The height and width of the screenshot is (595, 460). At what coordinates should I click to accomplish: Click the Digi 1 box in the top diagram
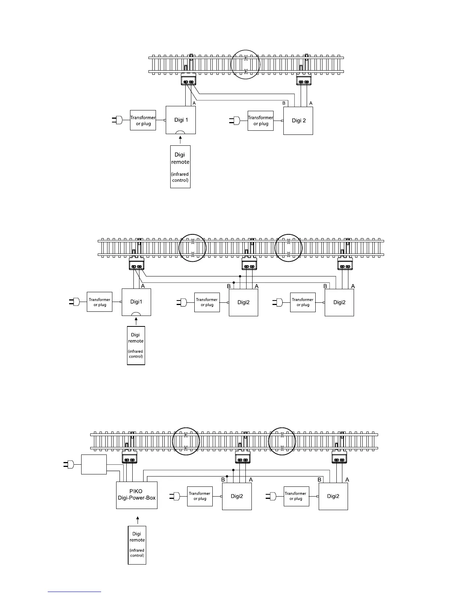tap(181, 120)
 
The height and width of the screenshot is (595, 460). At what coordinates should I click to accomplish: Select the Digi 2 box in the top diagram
tap(298, 120)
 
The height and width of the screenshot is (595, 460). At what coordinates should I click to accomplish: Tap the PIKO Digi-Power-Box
tap(137, 495)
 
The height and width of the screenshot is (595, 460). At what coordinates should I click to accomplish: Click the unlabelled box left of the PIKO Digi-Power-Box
tap(94, 465)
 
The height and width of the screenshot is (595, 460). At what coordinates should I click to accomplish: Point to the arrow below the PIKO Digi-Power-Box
tap(138, 520)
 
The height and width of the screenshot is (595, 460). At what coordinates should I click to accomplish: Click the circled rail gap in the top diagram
tap(245, 64)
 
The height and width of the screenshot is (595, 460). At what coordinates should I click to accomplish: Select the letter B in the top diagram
tap(284, 103)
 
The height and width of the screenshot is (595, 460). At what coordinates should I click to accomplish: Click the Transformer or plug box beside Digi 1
tap(143, 120)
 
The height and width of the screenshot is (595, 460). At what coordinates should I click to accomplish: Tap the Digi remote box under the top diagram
tap(180, 167)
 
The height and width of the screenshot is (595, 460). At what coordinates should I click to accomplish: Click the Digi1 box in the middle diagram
tap(136, 302)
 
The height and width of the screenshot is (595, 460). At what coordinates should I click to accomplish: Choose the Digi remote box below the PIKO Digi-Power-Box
tap(137, 545)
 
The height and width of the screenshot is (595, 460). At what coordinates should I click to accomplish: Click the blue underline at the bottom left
tap(74, 592)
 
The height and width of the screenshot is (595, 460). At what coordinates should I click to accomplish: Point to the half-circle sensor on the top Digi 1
tap(181, 132)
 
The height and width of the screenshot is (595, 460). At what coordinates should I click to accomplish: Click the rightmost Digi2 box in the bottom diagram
tap(333, 496)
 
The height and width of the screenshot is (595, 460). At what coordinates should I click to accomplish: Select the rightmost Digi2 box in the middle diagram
tap(339, 302)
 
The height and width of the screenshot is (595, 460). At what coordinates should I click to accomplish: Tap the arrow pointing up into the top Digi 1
tap(181, 140)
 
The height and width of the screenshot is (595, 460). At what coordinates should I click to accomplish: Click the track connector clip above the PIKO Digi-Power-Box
tap(130, 457)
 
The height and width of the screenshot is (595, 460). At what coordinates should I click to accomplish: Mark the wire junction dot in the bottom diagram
tap(233, 470)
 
